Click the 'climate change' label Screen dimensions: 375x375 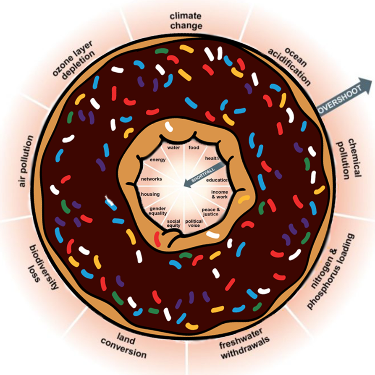tap(186, 21)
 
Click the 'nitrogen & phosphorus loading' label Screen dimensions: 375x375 tap(330, 271)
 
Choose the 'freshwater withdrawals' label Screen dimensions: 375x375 tap(244, 343)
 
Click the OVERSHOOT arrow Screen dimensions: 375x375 tap(345, 97)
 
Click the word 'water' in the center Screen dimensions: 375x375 tap(173, 147)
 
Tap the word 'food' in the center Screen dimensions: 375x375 tap(194, 147)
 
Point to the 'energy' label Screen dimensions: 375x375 tap(157, 160)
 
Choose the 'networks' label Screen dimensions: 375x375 tap(152, 179)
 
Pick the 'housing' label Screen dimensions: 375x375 tap(150, 194)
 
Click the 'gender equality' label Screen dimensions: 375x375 tap(157, 211)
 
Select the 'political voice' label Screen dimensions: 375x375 tap(194, 223)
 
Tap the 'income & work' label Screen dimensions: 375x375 tap(220, 194)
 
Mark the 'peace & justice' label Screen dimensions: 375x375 tap(211, 212)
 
